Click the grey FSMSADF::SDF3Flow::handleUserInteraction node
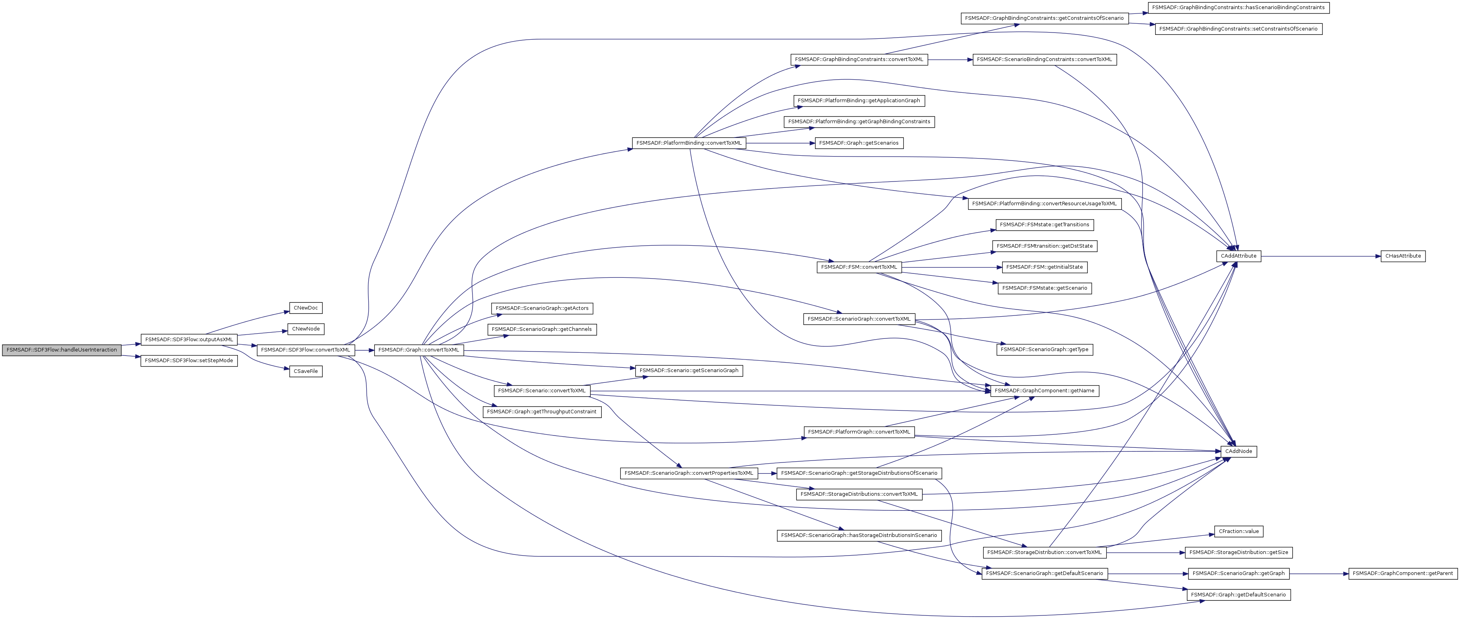click(61, 350)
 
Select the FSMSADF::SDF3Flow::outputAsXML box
click(189, 340)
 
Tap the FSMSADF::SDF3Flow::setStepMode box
click(189, 361)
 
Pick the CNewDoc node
click(306, 308)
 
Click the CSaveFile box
click(306, 371)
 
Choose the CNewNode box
click(306, 329)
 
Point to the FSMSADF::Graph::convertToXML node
click(418, 350)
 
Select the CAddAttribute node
click(1238, 256)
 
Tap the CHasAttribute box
click(1403, 256)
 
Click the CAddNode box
click(1238, 451)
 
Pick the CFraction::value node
click(1238, 531)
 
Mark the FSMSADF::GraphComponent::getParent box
click(1402, 574)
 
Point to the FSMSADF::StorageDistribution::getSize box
click(1238, 552)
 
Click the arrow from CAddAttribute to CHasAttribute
click(1320, 256)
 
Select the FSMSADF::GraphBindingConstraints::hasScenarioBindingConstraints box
click(1238, 8)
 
